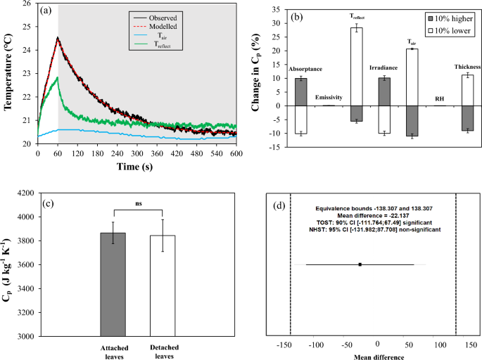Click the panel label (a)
(44, 11)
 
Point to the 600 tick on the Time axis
(235, 152)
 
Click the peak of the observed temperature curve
(58, 38)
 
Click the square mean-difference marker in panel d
(360, 264)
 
